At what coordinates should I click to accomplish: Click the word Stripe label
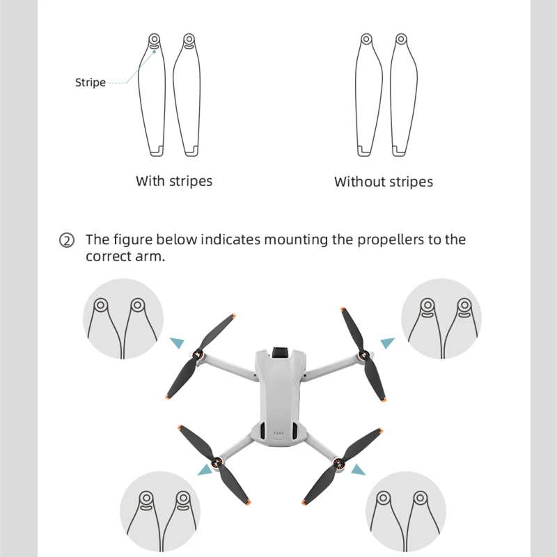pos(91,83)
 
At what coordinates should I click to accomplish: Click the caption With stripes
pos(174,181)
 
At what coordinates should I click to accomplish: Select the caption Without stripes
pos(384,182)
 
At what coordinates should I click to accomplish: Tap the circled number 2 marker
pos(67,241)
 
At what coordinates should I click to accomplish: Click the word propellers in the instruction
pos(391,240)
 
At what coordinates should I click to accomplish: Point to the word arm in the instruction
pos(152,256)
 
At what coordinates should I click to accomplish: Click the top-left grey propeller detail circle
pos(123,319)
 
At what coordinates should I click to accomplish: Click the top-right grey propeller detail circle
pos(441,319)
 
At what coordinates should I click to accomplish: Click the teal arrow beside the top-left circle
pos(178,342)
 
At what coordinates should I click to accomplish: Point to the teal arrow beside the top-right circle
pos(387,343)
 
